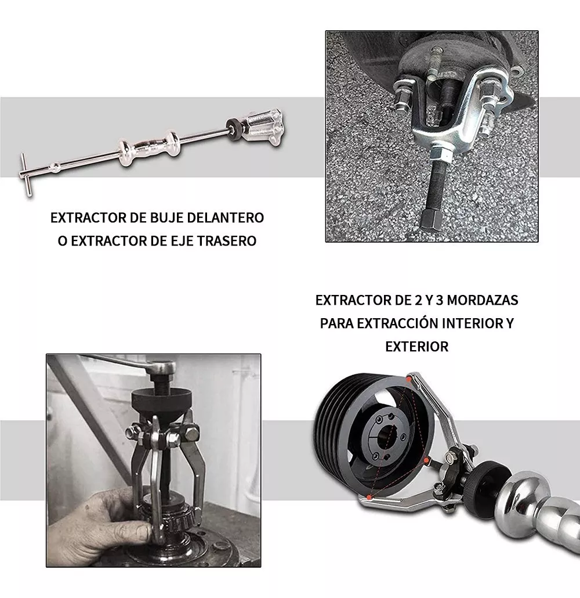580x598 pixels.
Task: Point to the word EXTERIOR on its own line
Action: point(417,347)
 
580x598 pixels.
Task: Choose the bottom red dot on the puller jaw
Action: point(369,498)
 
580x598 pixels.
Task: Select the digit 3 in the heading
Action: point(440,301)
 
